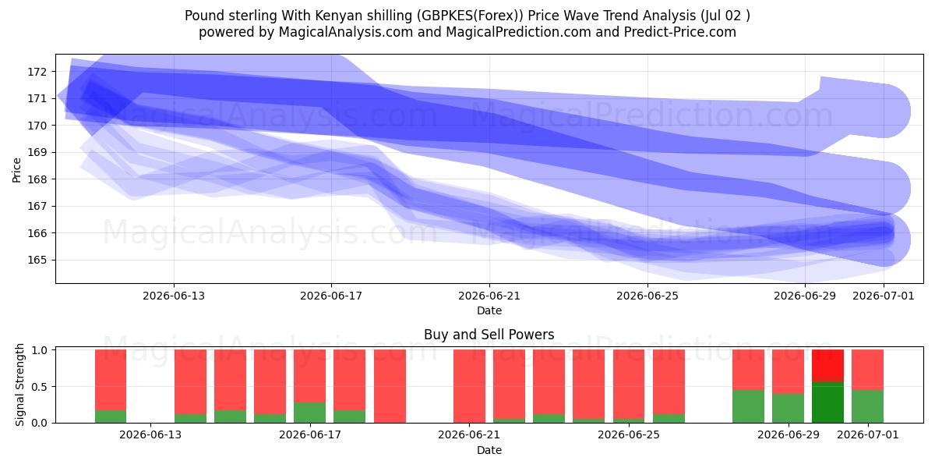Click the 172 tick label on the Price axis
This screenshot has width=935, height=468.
37,72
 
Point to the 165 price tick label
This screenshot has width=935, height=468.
37,260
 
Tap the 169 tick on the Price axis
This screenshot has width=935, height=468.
37,153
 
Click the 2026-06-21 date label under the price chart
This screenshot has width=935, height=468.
489,296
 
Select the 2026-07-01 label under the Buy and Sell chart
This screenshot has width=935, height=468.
868,434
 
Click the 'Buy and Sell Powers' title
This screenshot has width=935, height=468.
489,335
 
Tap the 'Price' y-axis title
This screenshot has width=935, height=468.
16,170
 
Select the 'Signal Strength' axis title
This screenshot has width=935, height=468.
19,385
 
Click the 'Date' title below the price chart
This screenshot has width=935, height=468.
489,310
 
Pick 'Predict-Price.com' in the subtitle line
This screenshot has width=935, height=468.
680,32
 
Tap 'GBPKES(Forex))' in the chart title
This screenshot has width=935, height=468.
470,16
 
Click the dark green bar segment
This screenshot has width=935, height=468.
827,402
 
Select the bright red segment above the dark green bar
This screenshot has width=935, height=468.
827,366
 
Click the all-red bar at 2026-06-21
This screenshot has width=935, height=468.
470,386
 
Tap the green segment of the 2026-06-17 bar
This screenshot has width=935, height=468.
310,413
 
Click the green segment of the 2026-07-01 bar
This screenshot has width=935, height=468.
868,406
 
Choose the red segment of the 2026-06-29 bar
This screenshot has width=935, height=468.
788,371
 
